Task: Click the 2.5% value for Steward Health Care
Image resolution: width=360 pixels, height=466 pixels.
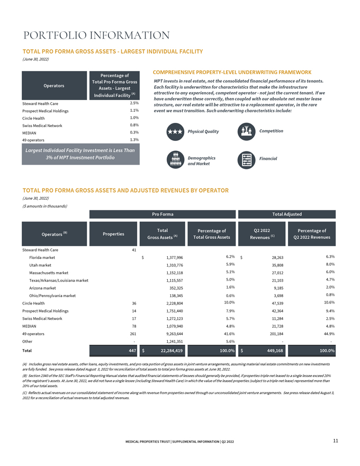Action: pos(134,103)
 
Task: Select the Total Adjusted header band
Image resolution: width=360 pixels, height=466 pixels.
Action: pos(287,214)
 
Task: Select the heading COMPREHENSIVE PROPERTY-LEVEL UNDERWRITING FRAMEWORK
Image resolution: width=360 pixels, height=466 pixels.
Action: pos(232,71)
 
